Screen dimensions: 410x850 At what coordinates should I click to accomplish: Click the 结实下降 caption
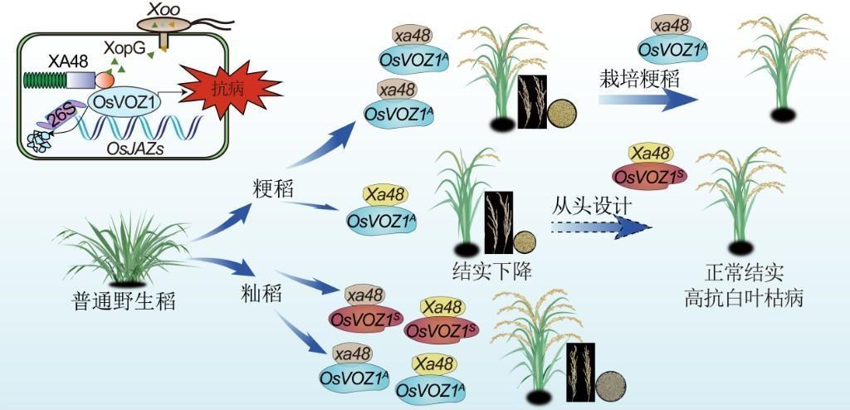click(x=486, y=271)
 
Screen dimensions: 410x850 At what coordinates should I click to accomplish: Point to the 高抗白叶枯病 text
click(x=733, y=296)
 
